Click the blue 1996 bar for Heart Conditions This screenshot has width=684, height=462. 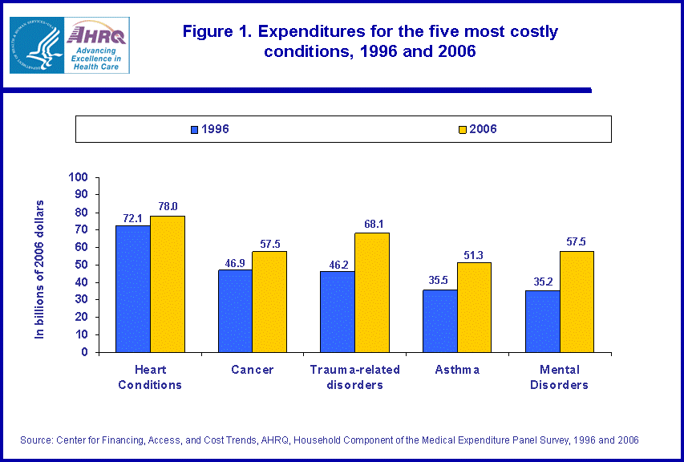click(x=132, y=289)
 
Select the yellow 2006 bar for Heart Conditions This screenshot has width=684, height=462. click(x=168, y=284)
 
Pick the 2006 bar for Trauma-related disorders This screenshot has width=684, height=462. click(x=371, y=293)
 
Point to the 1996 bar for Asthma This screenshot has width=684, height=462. click(x=440, y=321)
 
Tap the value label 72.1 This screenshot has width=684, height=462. click(x=133, y=218)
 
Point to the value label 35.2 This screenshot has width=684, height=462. click(x=542, y=282)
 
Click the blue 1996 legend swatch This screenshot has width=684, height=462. click(x=195, y=129)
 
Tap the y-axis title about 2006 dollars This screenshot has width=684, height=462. click(x=40, y=269)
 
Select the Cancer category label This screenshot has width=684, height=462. click(x=252, y=370)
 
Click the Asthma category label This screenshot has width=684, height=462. click(x=457, y=370)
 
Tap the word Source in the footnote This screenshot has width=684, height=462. click(x=35, y=440)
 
